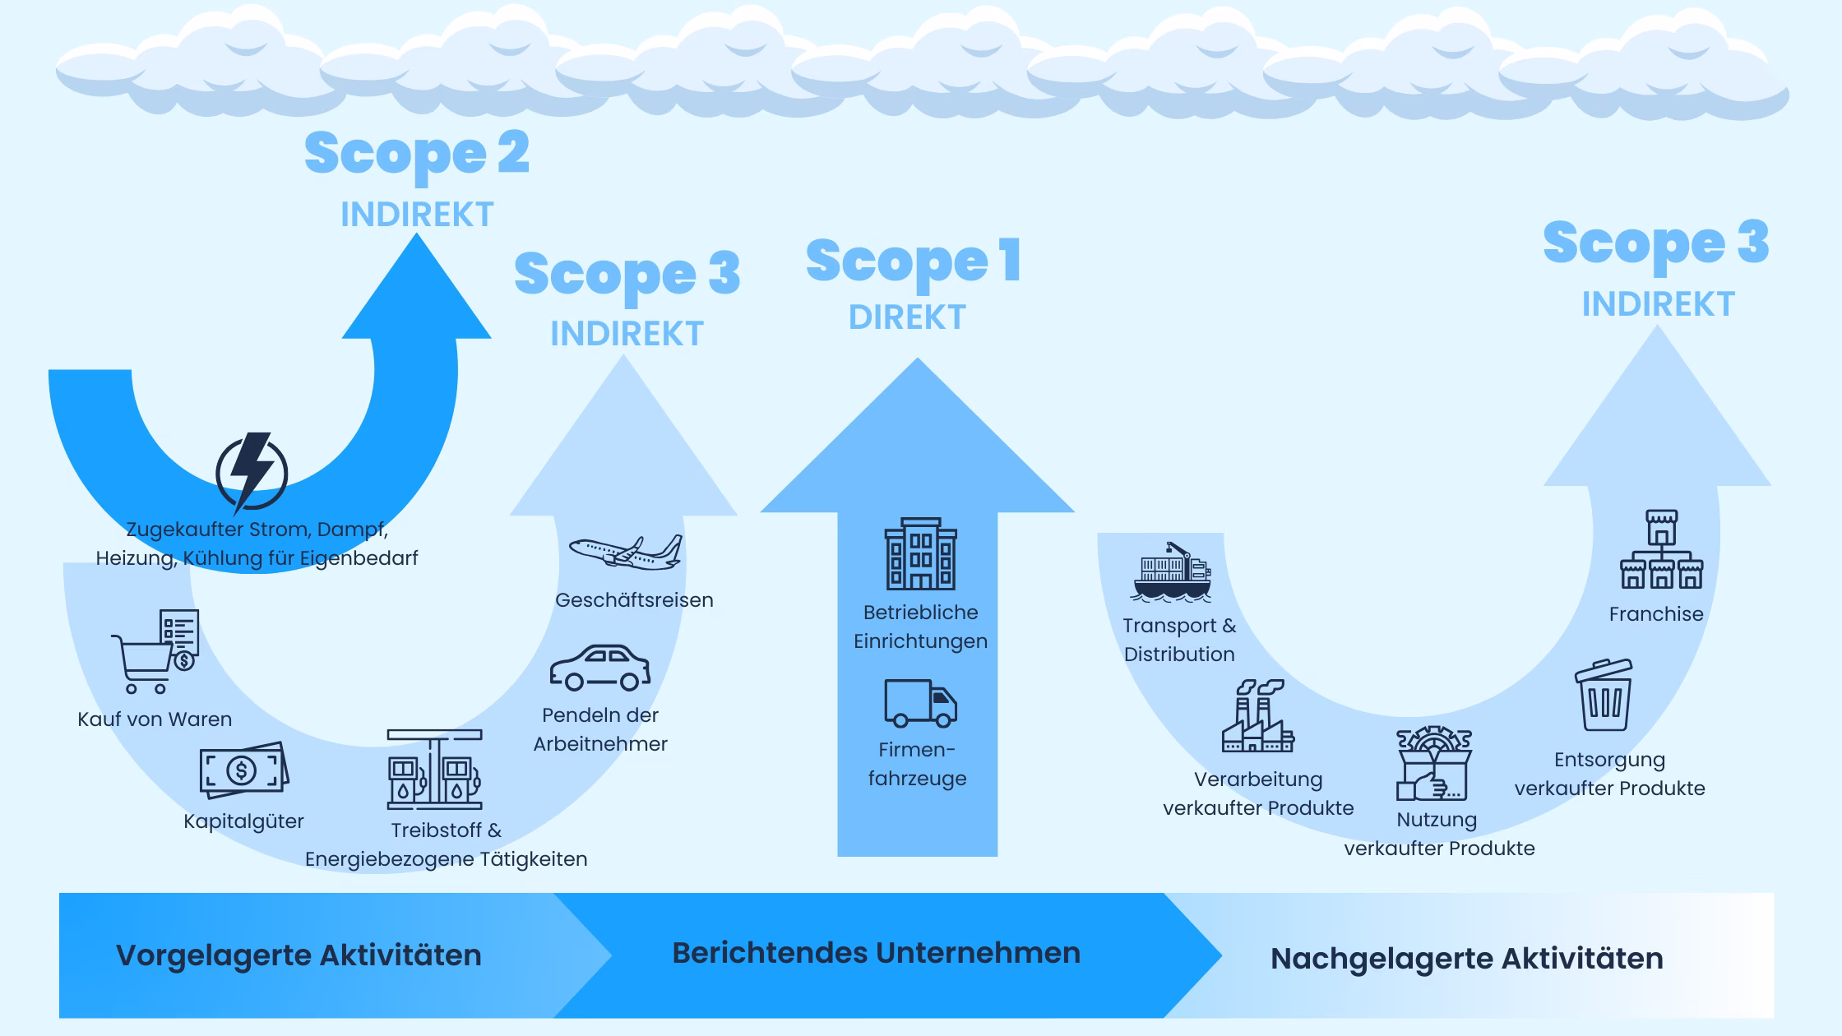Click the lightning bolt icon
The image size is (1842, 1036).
(x=252, y=473)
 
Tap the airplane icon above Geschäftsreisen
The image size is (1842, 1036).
(x=626, y=553)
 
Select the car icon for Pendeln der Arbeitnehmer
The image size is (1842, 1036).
(x=599, y=668)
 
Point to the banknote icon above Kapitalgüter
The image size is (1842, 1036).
(x=244, y=770)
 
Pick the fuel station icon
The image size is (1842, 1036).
(x=435, y=770)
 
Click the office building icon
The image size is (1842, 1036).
(x=920, y=554)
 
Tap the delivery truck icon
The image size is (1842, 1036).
(x=920, y=704)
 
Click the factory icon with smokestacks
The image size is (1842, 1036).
(x=1257, y=716)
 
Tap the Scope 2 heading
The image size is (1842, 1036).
(x=417, y=153)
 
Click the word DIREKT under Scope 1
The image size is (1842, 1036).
(x=907, y=317)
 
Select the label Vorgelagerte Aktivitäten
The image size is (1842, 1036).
(x=299, y=955)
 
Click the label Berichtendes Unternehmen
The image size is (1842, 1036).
(x=876, y=953)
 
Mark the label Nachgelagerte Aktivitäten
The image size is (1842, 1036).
(x=1466, y=959)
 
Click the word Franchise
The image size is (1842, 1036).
(x=1656, y=614)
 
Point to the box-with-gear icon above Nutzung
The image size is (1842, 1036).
(x=1433, y=764)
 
